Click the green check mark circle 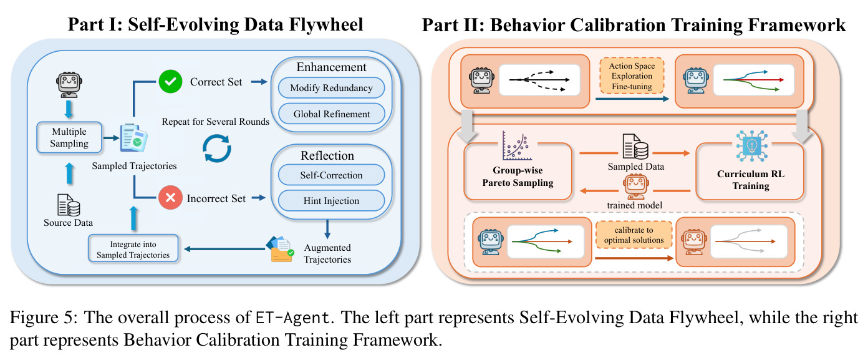[170, 81]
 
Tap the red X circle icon [170, 198]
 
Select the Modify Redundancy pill [331, 87]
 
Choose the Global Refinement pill [331, 114]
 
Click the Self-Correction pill [331, 175]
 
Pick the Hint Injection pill [331, 200]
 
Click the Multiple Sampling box [69, 137]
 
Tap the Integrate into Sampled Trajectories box [133, 249]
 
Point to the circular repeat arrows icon [217, 148]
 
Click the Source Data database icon [69, 205]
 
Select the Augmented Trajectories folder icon [280, 249]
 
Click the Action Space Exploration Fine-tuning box [632, 76]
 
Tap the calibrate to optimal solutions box [634, 235]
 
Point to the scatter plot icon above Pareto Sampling [518, 146]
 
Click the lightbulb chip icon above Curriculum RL [752, 146]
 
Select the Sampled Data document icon [635, 146]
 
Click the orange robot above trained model [636, 187]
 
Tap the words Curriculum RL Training [751, 180]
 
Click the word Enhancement [331, 67]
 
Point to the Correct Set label [216, 82]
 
